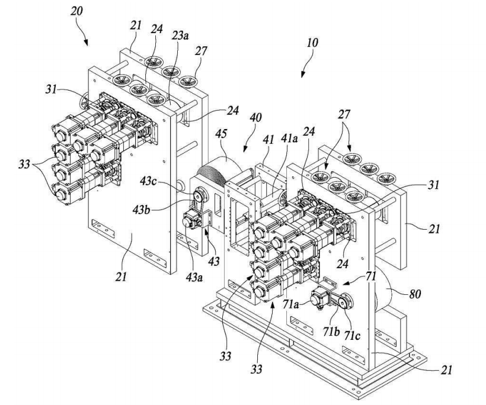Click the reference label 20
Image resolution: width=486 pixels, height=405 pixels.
(77, 11)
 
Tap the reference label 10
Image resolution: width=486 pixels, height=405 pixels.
(312, 43)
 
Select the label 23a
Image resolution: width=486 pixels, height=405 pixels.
(180, 36)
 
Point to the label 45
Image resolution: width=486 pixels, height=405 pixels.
(222, 134)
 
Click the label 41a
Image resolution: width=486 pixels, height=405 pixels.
(289, 139)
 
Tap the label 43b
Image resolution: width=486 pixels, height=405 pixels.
(141, 210)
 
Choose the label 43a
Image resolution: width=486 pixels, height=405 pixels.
(194, 277)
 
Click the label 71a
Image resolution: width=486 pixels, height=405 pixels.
(290, 305)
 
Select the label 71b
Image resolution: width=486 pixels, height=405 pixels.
(331, 332)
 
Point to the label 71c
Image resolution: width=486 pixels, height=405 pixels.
(352, 335)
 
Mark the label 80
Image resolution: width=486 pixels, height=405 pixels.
(415, 294)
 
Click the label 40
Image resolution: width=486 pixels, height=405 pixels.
(255, 117)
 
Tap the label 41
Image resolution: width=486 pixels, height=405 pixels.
(268, 139)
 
